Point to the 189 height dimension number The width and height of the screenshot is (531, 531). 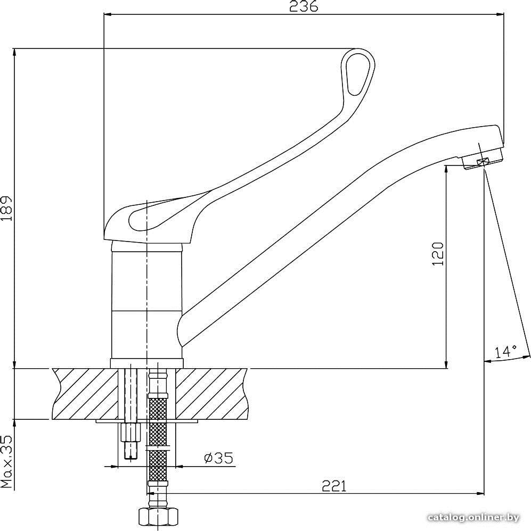(7, 208)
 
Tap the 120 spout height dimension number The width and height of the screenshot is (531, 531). (438, 254)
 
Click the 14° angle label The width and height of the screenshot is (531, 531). (505, 352)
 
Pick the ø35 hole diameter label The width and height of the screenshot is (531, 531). (219, 458)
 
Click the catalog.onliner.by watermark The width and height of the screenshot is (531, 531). (473, 518)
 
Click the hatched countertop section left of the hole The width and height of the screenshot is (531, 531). (85, 394)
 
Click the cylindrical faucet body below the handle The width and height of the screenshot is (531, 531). (147, 301)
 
